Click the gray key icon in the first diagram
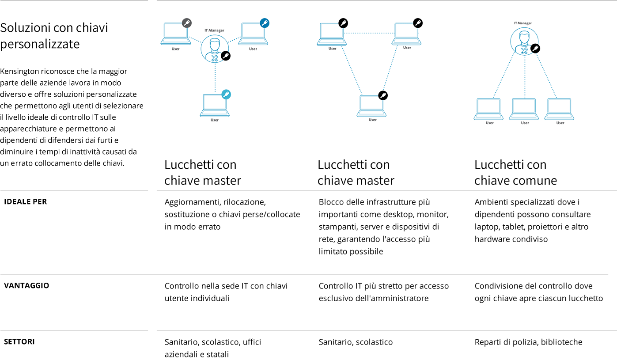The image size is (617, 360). click(187, 23)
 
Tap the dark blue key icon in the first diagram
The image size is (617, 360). click(265, 23)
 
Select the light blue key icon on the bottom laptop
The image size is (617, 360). click(226, 95)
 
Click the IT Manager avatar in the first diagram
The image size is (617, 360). click(215, 49)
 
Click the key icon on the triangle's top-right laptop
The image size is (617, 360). click(418, 23)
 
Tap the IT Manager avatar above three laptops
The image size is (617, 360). click(524, 42)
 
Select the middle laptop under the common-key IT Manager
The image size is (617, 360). click(524, 109)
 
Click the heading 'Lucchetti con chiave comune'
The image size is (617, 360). click(515, 172)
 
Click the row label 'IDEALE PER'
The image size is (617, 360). click(25, 201)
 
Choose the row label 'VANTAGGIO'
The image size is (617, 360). click(26, 285)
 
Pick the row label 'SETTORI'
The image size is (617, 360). click(19, 341)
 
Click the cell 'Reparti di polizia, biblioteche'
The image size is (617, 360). click(528, 342)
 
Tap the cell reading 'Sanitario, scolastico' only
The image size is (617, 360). click(356, 342)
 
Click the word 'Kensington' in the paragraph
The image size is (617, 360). click(19, 72)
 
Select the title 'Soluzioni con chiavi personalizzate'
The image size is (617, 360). click(54, 36)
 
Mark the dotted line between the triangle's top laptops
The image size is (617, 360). click(369, 33)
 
